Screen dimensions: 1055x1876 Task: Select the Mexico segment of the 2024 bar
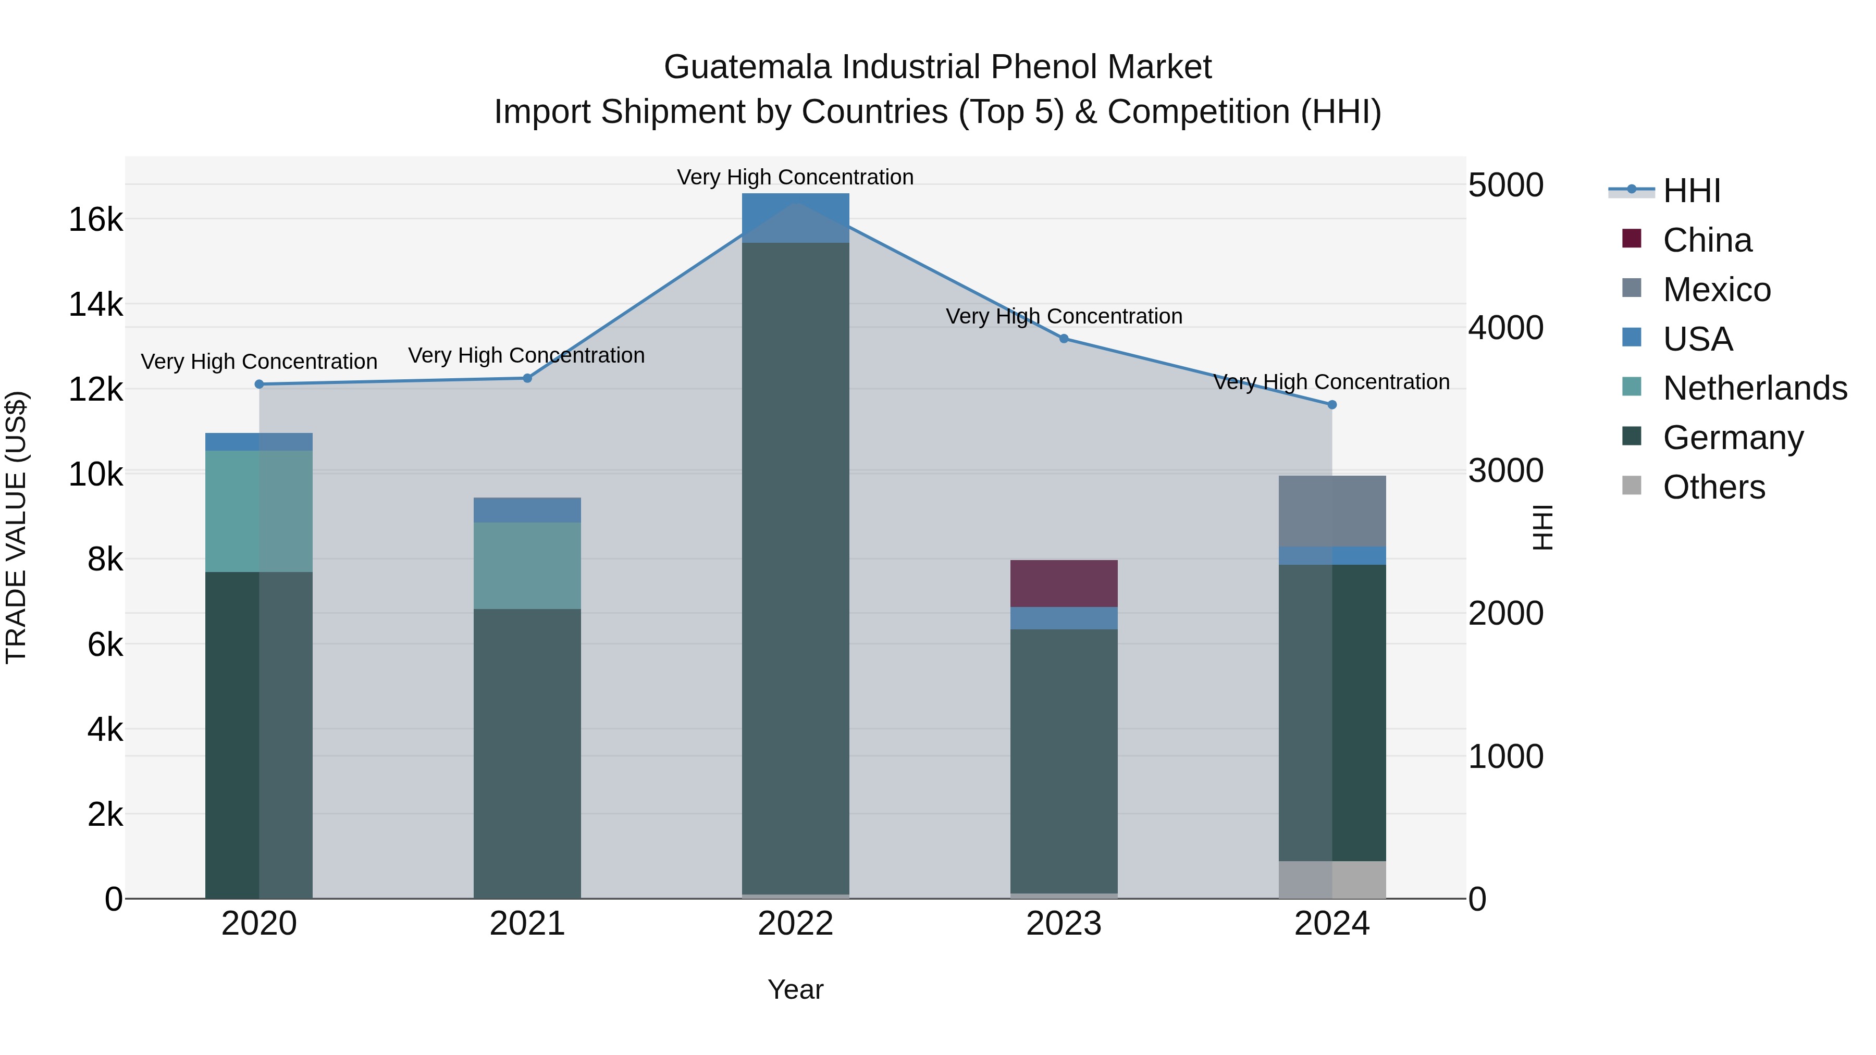pyautogui.click(x=1331, y=511)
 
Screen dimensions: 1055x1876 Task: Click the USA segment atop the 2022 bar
pyautogui.click(x=795, y=218)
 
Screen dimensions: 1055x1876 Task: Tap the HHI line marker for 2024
pyautogui.click(x=1332, y=405)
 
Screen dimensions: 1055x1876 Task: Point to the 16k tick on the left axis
pyautogui.click(x=95, y=219)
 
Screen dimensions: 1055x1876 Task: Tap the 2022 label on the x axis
pyautogui.click(x=795, y=924)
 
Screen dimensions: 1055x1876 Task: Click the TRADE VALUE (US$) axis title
pyautogui.click(x=16, y=527)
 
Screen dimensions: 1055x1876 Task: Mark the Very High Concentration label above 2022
pyautogui.click(x=795, y=177)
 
